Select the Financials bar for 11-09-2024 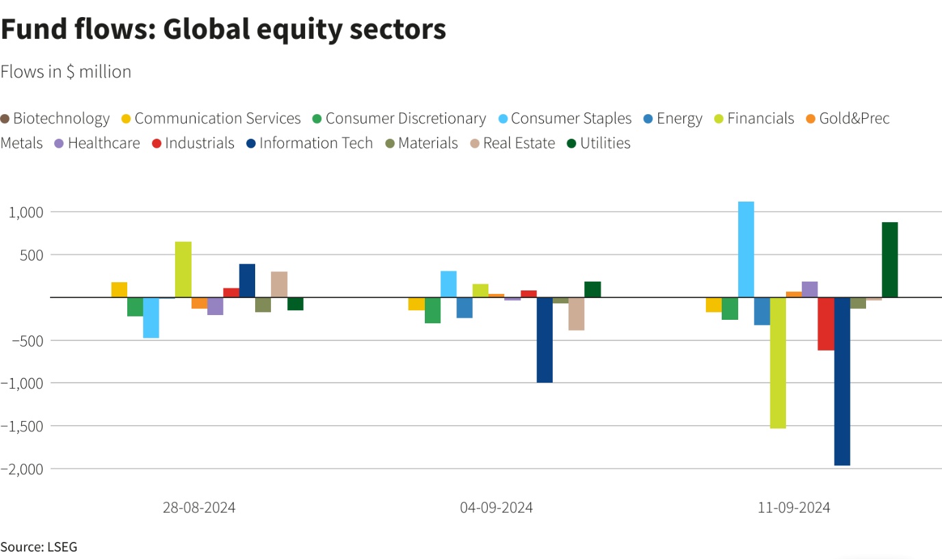[x=778, y=363]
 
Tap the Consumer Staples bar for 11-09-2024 [x=746, y=249]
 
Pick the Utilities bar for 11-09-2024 [x=889, y=260]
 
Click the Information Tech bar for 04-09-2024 [x=545, y=340]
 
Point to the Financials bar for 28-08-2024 [x=183, y=269]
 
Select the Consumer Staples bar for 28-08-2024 [x=151, y=318]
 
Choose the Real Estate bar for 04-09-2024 [x=576, y=314]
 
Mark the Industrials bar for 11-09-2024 [x=826, y=324]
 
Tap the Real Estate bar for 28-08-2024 [x=279, y=284]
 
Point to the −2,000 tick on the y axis [x=23, y=469]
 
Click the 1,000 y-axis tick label [x=26, y=213]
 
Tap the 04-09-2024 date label [x=496, y=508]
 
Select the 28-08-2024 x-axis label [x=199, y=508]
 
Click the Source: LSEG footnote [x=39, y=547]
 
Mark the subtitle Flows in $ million [x=66, y=72]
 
